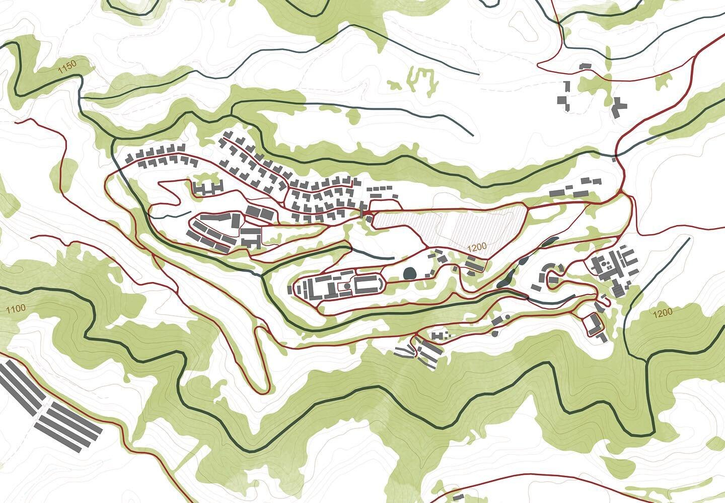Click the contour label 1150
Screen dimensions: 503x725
[66, 67]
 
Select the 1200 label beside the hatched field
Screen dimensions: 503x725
[477, 247]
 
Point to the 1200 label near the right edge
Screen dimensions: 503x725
[662, 313]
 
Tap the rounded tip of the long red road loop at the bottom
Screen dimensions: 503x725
[261, 387]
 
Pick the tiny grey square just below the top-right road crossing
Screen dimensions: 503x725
[614, 159]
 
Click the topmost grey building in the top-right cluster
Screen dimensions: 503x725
[585, 66]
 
